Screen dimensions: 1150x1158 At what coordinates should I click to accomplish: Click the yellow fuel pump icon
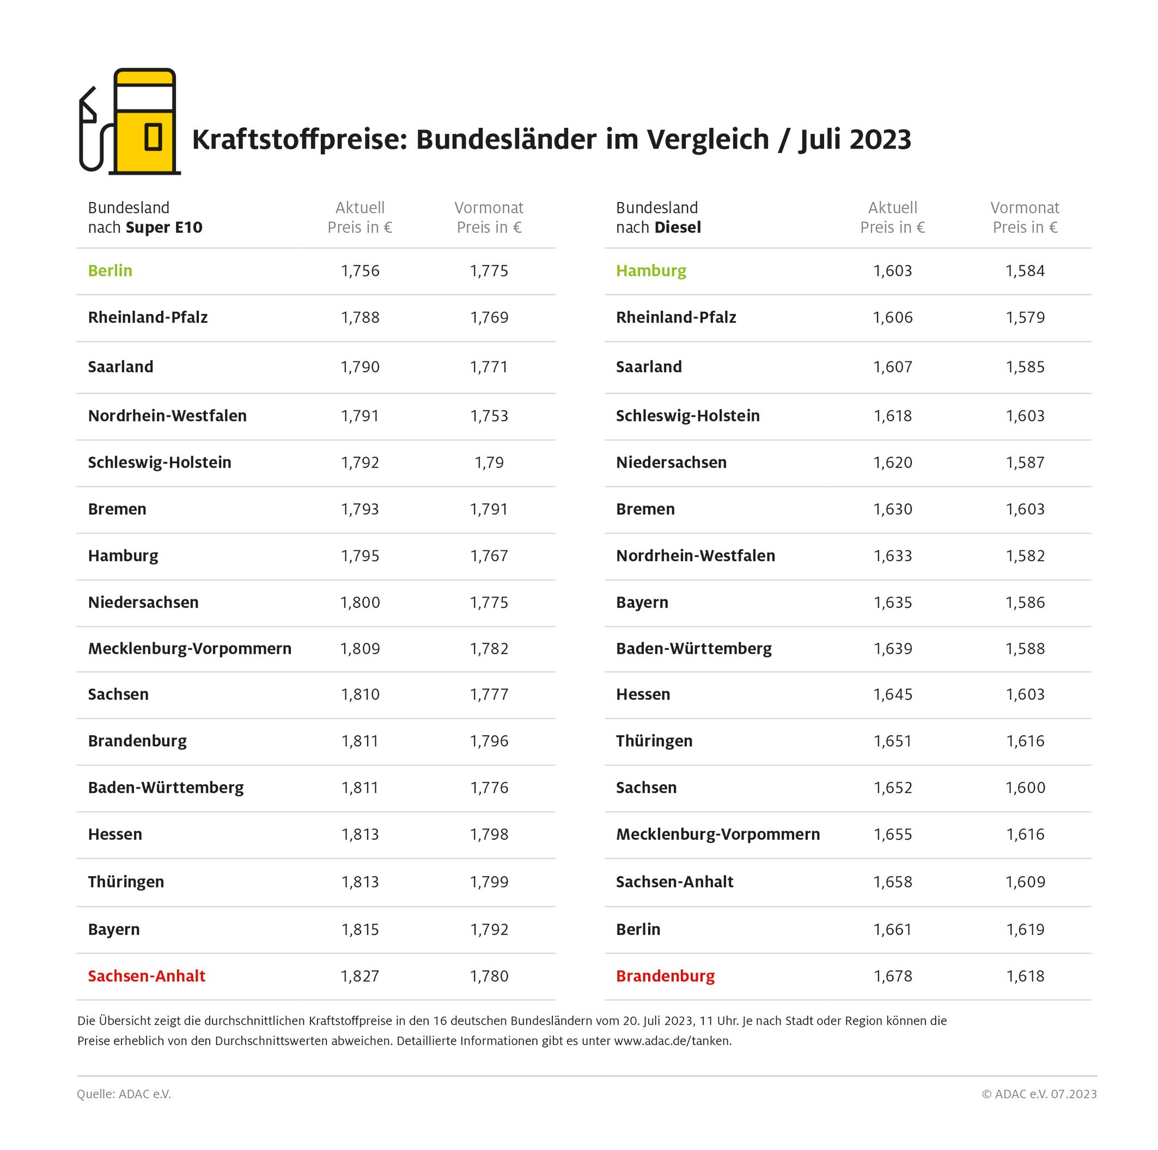click(145, 121)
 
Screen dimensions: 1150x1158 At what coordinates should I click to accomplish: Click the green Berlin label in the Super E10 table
click(110, 270)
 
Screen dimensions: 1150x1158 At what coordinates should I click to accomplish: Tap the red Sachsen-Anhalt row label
click(147, 976)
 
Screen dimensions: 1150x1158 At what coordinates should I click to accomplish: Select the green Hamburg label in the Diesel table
click(651, 270)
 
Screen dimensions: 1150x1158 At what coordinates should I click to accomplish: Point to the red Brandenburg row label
click(665, 976)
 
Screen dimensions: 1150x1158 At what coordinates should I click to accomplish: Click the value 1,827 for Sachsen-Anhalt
click(359, 976)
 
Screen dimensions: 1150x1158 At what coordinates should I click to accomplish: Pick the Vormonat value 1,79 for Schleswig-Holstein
click(489, 463)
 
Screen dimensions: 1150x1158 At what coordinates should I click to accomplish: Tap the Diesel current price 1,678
click(893, 976)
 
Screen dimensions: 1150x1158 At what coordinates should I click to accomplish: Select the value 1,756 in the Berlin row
click(359, 270)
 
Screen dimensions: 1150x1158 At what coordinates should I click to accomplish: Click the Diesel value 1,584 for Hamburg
click(1025, 270)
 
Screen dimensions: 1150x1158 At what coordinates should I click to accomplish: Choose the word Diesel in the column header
click(678, 227)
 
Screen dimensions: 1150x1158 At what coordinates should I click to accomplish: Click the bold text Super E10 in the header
click(164, 227)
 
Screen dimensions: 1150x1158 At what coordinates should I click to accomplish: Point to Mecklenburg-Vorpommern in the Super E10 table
click(190, 649)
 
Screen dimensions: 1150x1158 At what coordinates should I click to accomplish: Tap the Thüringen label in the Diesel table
click(654, 741)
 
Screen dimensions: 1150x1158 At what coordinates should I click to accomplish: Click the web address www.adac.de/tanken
click(672, 1041)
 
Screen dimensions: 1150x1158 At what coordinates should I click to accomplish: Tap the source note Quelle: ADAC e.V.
click(124, 1094)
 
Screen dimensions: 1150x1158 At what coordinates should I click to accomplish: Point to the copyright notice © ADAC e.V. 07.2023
click(1039, 1094)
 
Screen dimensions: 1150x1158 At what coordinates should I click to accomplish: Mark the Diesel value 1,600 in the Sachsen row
click(1025, 788)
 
